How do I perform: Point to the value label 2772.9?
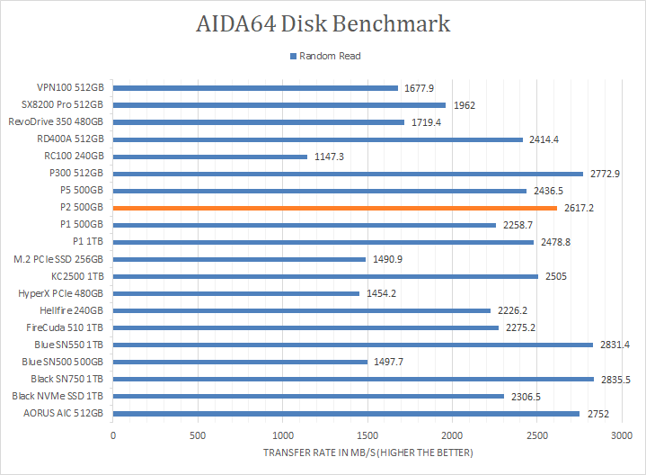point(605,174)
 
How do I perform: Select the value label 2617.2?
point(579,208)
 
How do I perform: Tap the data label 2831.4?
point(615,345)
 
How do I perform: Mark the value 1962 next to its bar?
point(464,105)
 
